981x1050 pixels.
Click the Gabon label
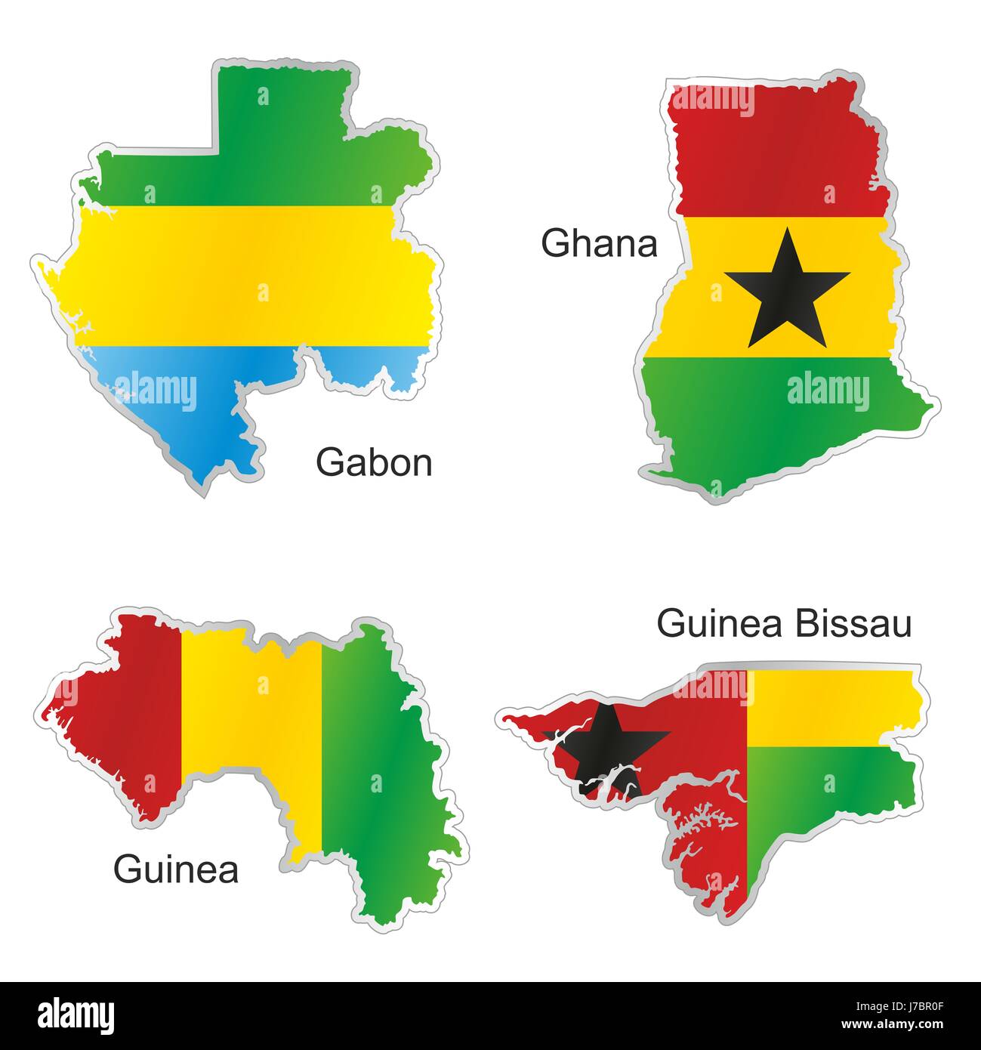tap(374, 462)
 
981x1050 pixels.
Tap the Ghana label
tap(599, 244)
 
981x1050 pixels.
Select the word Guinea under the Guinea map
tap(176, 869)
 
